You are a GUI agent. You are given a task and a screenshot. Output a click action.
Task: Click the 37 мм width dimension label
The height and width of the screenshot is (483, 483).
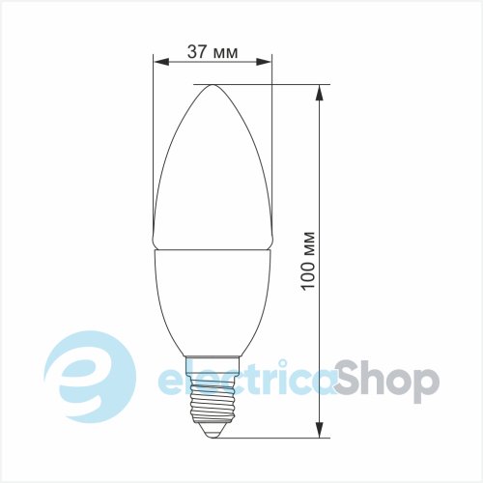tap(213, 52)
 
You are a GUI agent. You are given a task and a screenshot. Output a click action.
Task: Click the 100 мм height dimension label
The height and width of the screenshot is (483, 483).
tap(308, 260)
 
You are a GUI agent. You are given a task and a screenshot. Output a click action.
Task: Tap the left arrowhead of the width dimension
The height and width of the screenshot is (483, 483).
tap(161, 62)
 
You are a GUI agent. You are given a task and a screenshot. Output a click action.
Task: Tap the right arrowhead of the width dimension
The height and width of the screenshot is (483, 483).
tap(264, 62)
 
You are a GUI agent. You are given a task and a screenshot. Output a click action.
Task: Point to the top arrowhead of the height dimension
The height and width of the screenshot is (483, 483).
tap(320, 93)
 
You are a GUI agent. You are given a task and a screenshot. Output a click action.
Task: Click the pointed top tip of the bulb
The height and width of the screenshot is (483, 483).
tap(213, 85)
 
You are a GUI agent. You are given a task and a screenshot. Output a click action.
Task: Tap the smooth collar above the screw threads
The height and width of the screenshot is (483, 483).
tap(213, 367)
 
